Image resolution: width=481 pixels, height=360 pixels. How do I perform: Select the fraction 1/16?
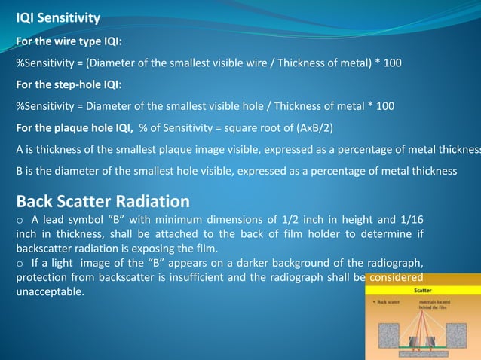(409, 220)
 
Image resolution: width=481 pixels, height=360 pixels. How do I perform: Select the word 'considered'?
(395, 276)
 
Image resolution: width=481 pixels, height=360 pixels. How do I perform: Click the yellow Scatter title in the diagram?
(422, 289)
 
